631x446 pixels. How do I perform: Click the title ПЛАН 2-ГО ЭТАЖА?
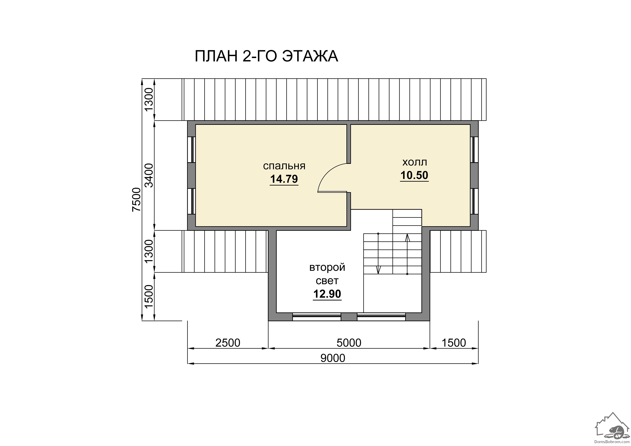pyautogui.click(x=266, y=56)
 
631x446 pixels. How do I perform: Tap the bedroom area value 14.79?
pyautogui.click(x=284, y=179)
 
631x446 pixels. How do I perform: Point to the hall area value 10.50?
pyautogui.click(x=414, y=175)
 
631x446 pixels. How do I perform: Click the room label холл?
pyautogui.click(x=414, y=162)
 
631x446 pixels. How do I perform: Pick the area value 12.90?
pyautogui.click(x=327, y=294)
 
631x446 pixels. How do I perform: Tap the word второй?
pyautogui.click(x=327, y=267)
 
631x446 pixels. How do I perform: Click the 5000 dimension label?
pyautogui.click(x=349, y=343)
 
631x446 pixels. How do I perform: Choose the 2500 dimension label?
pyautogui.click(x=228, y=343)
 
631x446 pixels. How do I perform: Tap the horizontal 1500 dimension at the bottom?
pyautogui.click(x=454, y=343)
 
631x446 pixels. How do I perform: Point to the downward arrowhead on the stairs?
pyautogui.click(x=378, y=270)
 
